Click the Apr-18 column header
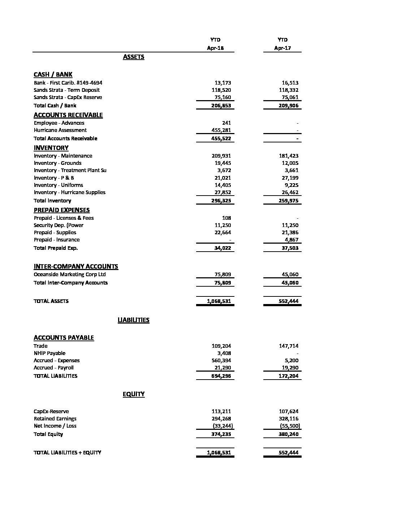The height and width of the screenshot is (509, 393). [215, 48]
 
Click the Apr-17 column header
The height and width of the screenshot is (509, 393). [282, 48]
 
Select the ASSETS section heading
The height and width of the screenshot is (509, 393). [134, 57]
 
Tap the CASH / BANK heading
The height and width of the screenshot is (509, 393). [53, 74]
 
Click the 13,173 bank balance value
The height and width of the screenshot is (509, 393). [221, 83]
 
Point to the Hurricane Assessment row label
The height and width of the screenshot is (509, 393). [60, 130]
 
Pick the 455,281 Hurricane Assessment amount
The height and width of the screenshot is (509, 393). [221, 130]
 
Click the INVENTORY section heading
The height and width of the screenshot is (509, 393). [51, 148]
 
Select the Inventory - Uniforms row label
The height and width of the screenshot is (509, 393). [59, 185]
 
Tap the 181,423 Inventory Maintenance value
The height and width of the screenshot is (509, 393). [289, 156]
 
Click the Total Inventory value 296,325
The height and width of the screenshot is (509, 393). [221, 201]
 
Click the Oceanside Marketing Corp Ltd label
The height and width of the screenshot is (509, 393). [70, 274]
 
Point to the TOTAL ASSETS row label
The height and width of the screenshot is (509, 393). [51, 301]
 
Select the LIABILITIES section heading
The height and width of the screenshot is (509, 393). [134, 320]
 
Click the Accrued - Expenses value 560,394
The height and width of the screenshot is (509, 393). [221, 360]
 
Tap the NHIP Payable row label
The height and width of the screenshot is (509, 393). [49, 353]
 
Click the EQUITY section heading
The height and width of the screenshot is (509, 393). [134, 394]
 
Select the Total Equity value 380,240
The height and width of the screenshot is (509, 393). [289, 434]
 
